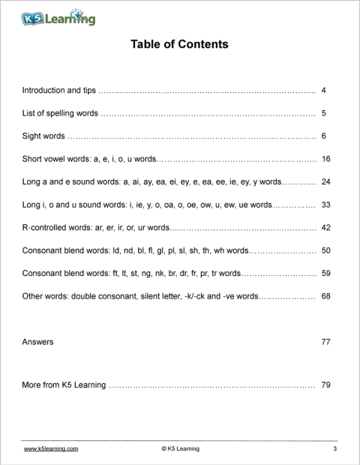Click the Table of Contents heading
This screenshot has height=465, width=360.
pos(179,44)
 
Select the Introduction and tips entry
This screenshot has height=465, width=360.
pos(59,90)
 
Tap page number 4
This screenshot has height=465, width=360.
pos(323,90)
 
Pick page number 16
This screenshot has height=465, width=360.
pos(325,159)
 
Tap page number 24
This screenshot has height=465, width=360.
pos(325,181)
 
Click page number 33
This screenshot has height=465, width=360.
pos(325,205)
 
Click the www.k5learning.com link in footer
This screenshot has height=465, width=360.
pos(51,448)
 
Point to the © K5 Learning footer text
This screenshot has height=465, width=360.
pos(180,448)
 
